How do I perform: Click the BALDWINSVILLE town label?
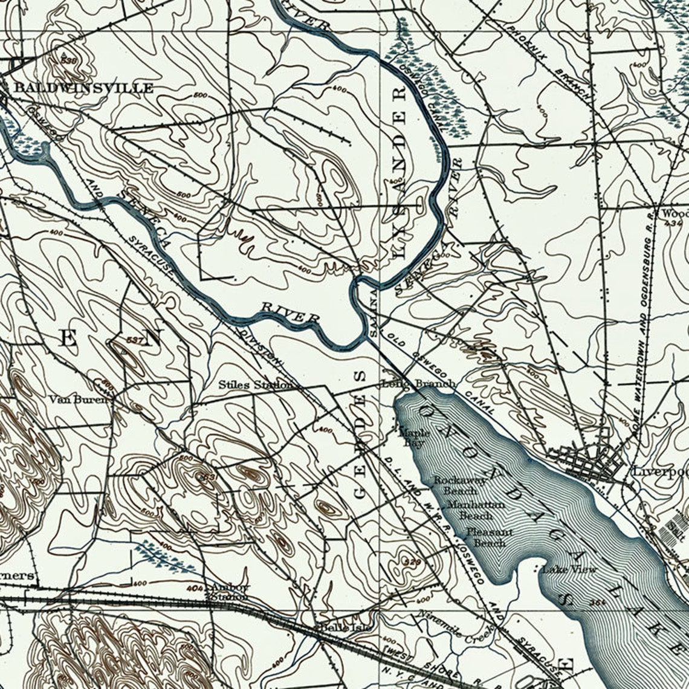tap(83, 88)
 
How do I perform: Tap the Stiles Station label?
tap(255, 385)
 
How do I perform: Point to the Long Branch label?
tap(418, 384)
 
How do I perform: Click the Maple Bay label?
tap(414, 438)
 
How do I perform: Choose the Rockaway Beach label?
tap(460, 485)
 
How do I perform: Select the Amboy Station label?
tap(229, 592)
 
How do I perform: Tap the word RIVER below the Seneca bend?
tap(290, 312)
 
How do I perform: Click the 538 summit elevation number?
tap(69, 60)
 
